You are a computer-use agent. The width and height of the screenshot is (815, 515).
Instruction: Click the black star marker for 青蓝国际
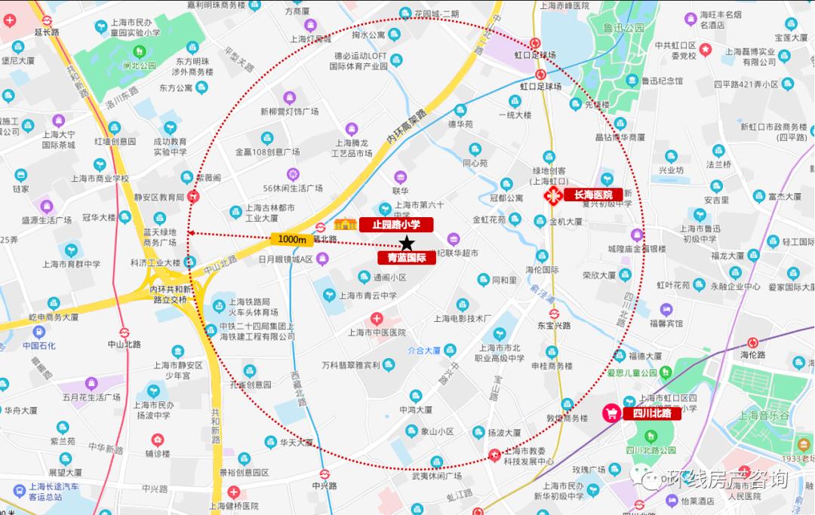(407, 243)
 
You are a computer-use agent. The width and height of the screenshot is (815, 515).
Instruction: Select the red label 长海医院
(593, 195)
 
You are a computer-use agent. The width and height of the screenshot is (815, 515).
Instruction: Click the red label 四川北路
(651, 413)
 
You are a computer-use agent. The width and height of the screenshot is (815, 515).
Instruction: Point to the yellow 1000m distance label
(291, 239)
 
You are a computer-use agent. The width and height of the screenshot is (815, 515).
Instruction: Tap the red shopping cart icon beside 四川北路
(610, 413)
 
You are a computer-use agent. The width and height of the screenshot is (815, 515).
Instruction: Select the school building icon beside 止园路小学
(346, 223)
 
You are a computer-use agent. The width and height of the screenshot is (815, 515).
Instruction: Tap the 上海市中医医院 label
(377, 332)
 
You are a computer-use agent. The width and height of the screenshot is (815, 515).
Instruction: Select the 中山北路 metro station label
(124, 344)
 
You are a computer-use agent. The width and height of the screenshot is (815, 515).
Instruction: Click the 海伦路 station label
(752, 354)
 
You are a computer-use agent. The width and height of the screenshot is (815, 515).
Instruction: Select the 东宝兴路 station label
(554, 326)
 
